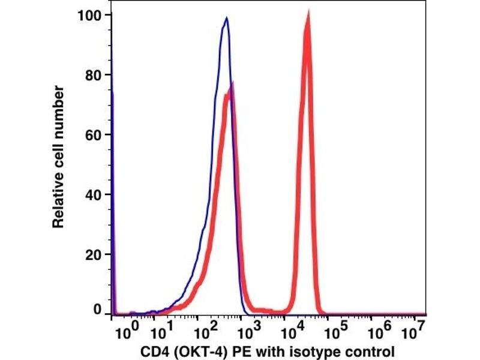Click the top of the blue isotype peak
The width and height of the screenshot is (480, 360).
(226, 18)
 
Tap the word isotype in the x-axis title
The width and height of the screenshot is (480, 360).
(318, 350)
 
